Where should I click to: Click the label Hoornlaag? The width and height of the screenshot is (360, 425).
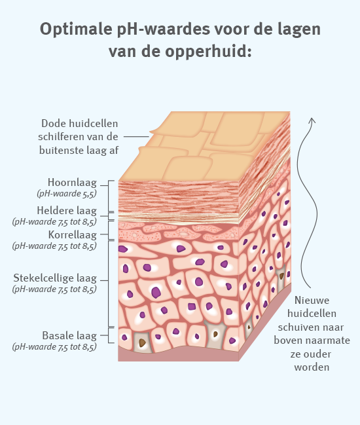[x=72, y=183]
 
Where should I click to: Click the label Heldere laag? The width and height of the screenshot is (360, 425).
[x=67, y=211]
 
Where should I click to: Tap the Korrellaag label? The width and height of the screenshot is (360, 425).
[x=72, y=234]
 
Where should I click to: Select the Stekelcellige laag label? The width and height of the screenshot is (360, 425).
[x=55, y=278]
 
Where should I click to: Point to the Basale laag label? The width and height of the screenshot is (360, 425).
[x=69, y=336]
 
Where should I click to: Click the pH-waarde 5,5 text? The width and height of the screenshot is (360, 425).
[x=67, y=194]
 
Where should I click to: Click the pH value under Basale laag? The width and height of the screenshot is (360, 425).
[x=54, y=346]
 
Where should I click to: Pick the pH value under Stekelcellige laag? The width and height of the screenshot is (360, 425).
[x=54, y=289]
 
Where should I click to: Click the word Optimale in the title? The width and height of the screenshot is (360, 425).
[x=76, y=29]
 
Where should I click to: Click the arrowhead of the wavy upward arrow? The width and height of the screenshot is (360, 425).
[x=312, y=120]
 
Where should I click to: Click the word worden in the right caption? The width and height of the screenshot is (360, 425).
[x=312, y=367]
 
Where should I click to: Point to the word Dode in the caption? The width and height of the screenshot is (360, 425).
[x=54, y=124]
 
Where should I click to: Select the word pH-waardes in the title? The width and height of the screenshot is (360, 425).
[x=164, y=29]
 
